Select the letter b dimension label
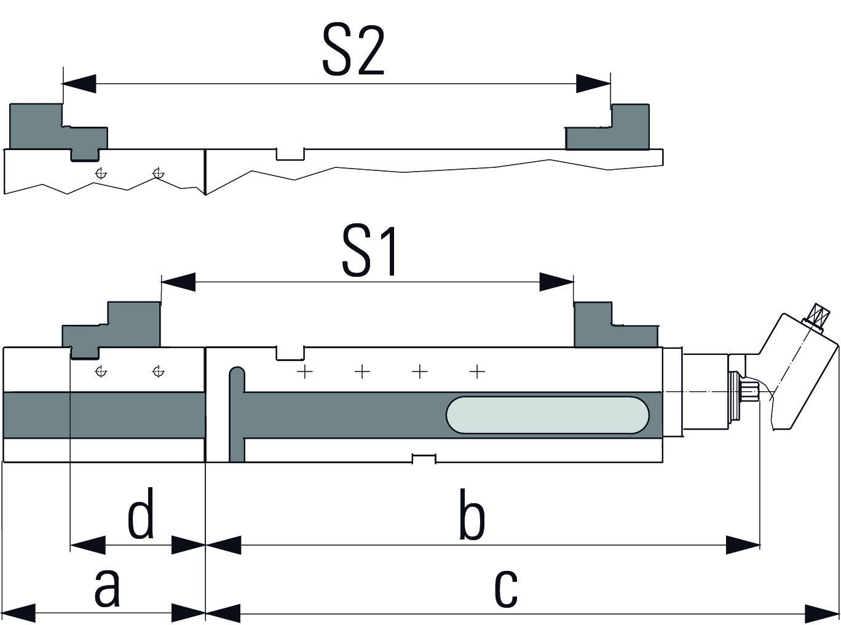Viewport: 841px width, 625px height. click(x=472, y=516)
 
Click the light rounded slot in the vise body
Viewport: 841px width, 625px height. click(x=547, y=415)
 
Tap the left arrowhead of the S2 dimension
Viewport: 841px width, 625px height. click(x=79, y=84)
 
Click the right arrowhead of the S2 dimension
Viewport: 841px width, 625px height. click(x=594, y=84)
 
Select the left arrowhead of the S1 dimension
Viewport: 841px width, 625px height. click(x=178, y=282)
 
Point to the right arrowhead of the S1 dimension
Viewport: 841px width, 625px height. click(x=557, y=282)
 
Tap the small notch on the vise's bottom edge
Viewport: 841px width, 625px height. click(x=424, y=459)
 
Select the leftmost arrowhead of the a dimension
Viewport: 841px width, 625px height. click(x=18, y=613)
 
